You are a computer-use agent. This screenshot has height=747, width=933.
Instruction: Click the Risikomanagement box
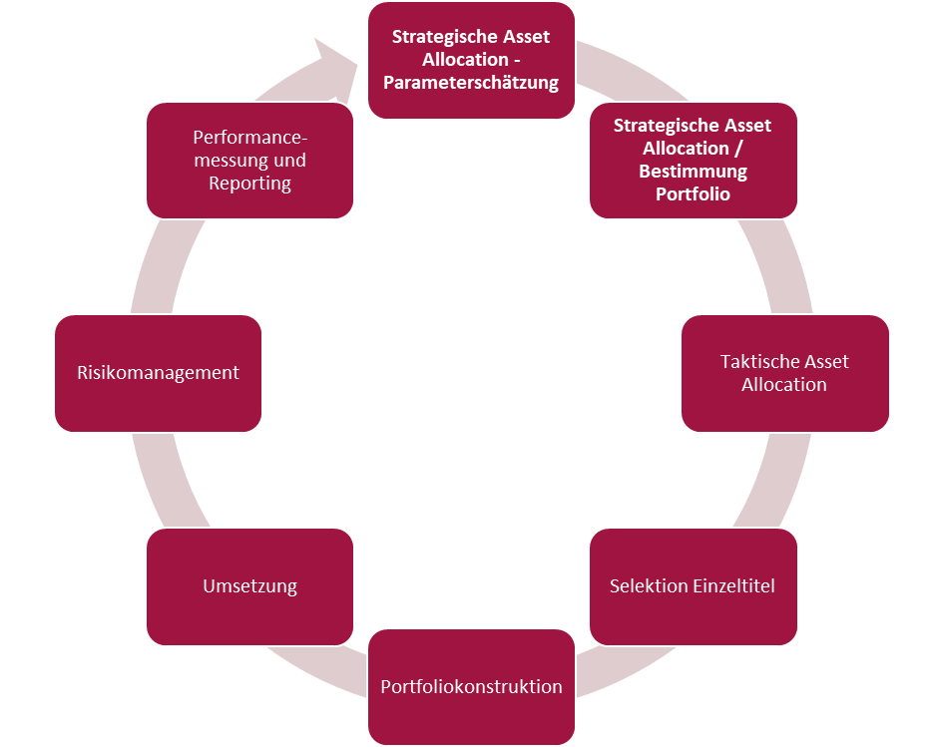(158, 373)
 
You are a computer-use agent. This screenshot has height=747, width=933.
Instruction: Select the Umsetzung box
(249, 586)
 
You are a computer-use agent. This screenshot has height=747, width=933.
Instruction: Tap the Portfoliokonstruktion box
(471, 687)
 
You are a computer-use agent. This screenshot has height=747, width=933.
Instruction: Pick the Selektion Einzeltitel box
(693, 586)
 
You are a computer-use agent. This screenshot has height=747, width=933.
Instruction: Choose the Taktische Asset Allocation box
(784, 373)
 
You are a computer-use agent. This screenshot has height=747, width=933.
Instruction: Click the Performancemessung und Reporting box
(249, 160)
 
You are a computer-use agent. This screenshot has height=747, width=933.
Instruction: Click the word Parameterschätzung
(471, 83)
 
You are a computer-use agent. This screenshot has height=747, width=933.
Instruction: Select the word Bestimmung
(693, 172)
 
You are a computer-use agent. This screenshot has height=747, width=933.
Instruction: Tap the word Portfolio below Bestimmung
(693, 194)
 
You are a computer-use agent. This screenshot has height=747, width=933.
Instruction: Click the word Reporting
(249, 184)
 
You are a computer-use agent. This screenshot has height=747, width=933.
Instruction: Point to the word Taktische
(755, 361)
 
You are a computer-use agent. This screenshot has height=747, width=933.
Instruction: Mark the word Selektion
(648, 586)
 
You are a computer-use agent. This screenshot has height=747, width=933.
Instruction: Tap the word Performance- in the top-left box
(249, 137)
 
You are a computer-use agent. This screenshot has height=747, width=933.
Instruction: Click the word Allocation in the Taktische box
(784, 385)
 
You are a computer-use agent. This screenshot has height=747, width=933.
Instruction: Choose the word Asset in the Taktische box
(826, 361)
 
